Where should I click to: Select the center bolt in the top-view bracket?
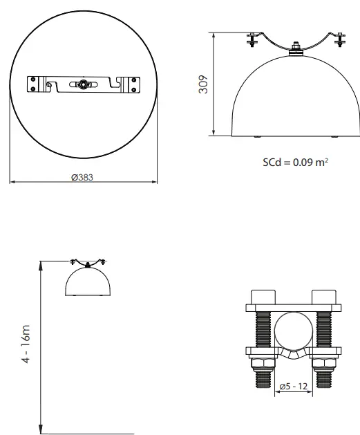[x=84, y=84]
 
